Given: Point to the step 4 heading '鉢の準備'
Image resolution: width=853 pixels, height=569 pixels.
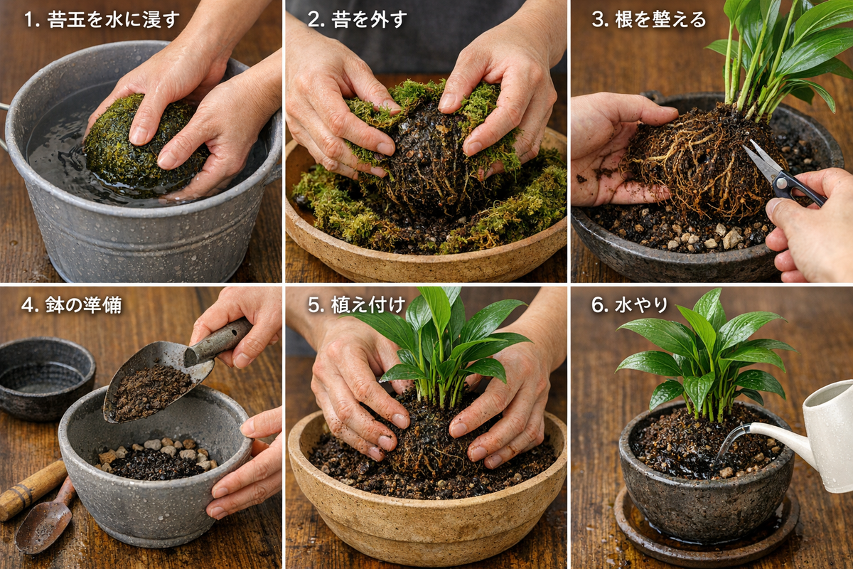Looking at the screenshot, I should click(x=72, y=305).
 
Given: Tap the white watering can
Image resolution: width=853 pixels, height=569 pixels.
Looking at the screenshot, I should click(x=825, y=434).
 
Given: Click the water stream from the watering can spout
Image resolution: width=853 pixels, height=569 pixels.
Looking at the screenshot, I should click(x=729, y=445).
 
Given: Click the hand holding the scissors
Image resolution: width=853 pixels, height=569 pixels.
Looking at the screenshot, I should click(x=810, y=228).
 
